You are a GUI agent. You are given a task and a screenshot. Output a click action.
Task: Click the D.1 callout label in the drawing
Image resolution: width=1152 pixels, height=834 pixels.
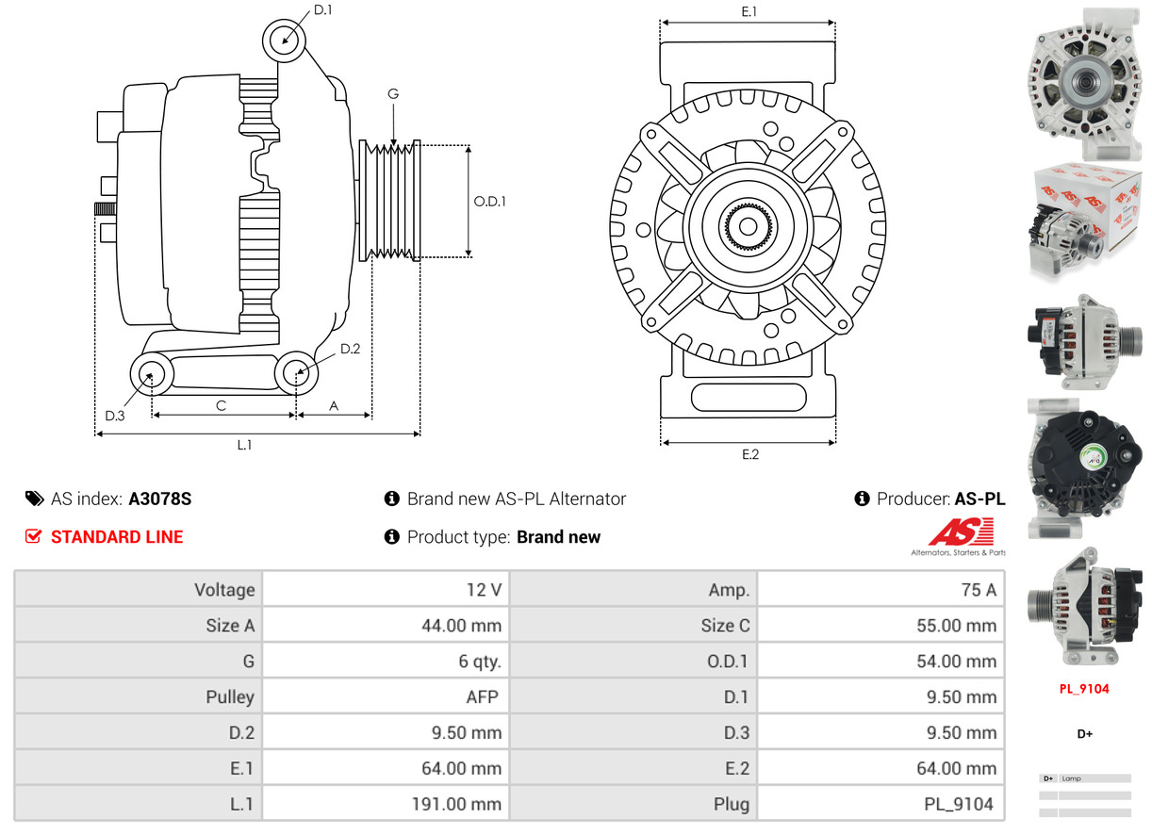[322, 10]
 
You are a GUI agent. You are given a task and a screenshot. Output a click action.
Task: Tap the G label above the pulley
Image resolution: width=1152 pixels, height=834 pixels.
[393, 93]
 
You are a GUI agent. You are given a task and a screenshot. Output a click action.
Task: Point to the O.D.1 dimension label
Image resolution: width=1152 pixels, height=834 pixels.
[489, 201]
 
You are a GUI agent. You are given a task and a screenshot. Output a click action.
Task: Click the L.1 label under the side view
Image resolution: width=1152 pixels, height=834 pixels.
[244, 445]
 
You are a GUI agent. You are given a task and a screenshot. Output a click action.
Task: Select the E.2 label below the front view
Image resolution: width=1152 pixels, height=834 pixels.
[749, 454]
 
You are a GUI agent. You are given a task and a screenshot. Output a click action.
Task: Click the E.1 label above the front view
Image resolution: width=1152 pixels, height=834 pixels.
[749, 11]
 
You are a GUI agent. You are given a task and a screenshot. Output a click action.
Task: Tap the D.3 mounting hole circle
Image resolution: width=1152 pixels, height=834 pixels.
[150, 375]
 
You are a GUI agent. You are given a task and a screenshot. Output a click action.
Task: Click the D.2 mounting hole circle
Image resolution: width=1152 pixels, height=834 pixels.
[296, 373]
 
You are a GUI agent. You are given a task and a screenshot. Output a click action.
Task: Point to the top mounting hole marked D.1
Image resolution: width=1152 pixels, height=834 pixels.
[285, 41]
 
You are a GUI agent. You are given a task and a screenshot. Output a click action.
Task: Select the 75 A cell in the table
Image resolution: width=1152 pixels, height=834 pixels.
[977, 590]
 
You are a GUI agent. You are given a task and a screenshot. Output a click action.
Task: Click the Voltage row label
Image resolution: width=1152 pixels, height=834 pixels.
[224, 590]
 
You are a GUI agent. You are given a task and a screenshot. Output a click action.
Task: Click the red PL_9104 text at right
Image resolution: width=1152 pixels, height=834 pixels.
[1083, 689]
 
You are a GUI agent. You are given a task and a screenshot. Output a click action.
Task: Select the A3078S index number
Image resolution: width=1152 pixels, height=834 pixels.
[159, 499]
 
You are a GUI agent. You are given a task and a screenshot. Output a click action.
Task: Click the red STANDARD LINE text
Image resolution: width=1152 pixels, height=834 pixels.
[117, 537]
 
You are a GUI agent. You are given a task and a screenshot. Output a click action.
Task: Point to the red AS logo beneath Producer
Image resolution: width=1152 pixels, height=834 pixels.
[960, 533]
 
